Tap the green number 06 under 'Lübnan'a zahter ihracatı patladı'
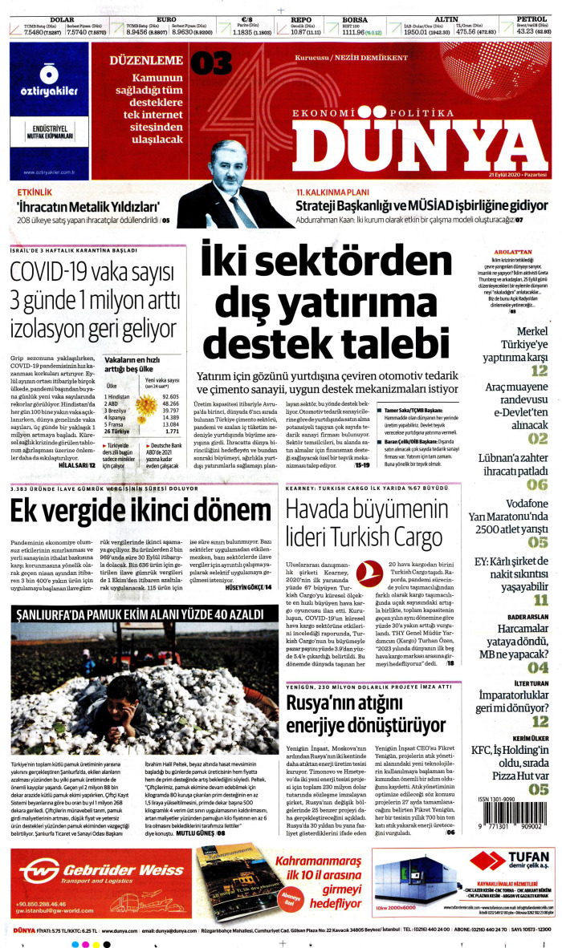tap(538, 484)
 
